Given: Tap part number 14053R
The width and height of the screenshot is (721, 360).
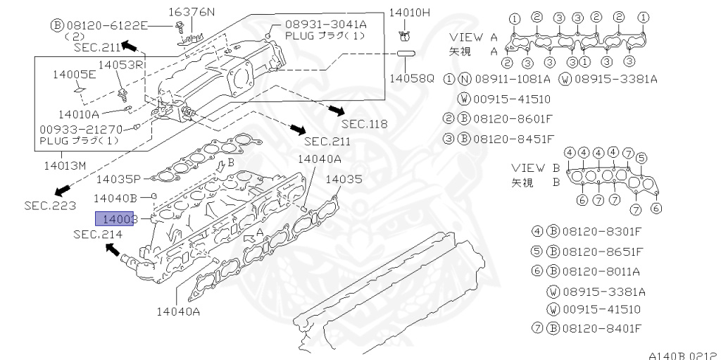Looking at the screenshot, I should tap(121, 65).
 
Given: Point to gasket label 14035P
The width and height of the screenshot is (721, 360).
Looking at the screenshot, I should tap(119, 179).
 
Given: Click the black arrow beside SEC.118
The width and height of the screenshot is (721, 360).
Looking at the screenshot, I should tap(336, 110).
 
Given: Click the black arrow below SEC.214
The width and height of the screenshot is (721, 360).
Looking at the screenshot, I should tap(113, 249).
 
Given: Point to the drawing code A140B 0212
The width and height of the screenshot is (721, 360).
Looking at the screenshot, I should tap(682, 356).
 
